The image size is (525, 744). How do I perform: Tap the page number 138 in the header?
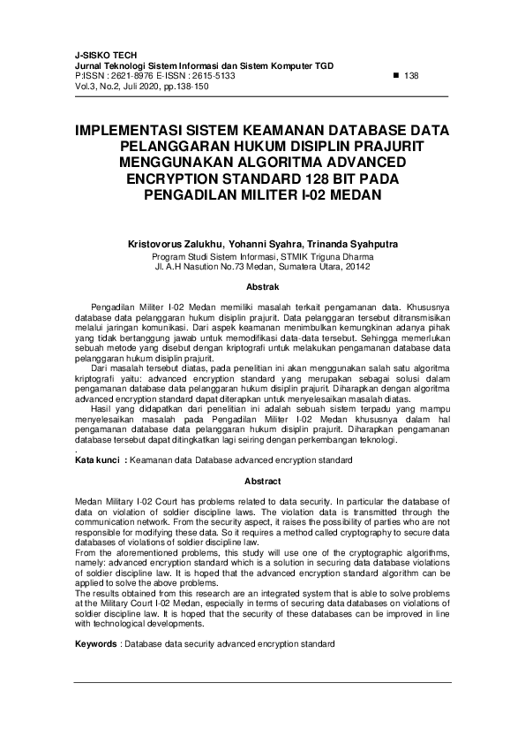[x=410, y=76]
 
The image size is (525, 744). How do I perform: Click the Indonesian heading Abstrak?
[x=262, y=287]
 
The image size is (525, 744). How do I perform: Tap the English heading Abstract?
[x=262, y=481]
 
